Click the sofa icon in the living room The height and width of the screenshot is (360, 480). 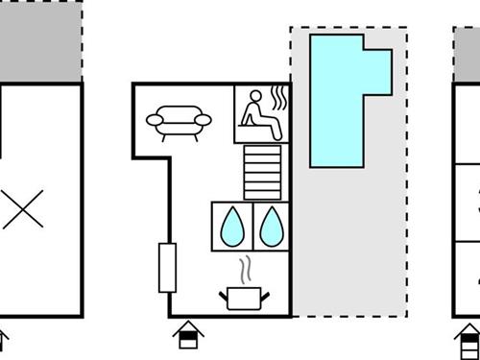point(179,122)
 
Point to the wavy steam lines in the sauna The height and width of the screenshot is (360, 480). point(279,100)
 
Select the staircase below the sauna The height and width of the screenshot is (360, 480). point(263,173)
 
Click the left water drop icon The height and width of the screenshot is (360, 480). point(231,225)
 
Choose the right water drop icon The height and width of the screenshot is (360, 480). point(272,225)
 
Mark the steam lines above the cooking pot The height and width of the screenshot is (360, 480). point(246,266)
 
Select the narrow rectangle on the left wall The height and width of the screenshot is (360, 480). point(167,267)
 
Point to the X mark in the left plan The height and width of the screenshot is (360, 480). point(21,208)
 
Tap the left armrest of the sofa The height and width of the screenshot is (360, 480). point(155,120)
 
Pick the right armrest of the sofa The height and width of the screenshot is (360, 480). point(203,120)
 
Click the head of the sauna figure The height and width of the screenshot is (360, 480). point(255,96)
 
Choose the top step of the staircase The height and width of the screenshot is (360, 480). point(263,151)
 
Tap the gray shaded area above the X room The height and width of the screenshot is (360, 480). point(38,43)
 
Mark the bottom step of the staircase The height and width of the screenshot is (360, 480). point(263,195)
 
